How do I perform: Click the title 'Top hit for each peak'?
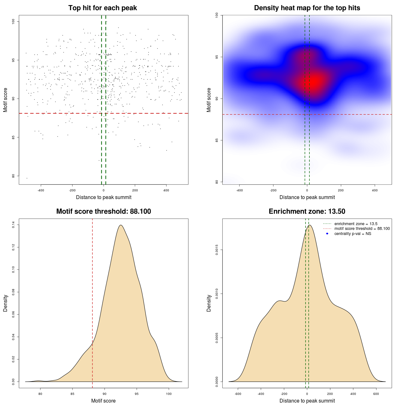coord(102,8)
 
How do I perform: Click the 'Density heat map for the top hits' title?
coord(307,8)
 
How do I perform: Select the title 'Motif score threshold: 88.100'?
coord(103,211)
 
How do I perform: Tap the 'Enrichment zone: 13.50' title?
coord(307,211)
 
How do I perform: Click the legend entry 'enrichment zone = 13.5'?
coord(356,224)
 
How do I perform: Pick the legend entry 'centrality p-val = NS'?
coord(353,234)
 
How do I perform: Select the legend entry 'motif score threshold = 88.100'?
coord(362,229)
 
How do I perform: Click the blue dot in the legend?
coord(327,234)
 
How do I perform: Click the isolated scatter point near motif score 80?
coord(27,178)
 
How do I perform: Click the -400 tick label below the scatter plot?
coord(41,190)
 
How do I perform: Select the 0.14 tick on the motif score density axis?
coord(13,225)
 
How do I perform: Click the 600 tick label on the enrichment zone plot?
coord(376,394)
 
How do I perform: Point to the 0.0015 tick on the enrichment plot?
coord(217,250)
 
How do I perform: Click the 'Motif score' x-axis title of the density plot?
coord(103,401)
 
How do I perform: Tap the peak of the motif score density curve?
coord(121,225)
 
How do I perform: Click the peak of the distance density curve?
coord(309,225)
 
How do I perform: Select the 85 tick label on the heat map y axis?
coord(217,140)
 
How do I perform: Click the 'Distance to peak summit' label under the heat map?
coord(307,197)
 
